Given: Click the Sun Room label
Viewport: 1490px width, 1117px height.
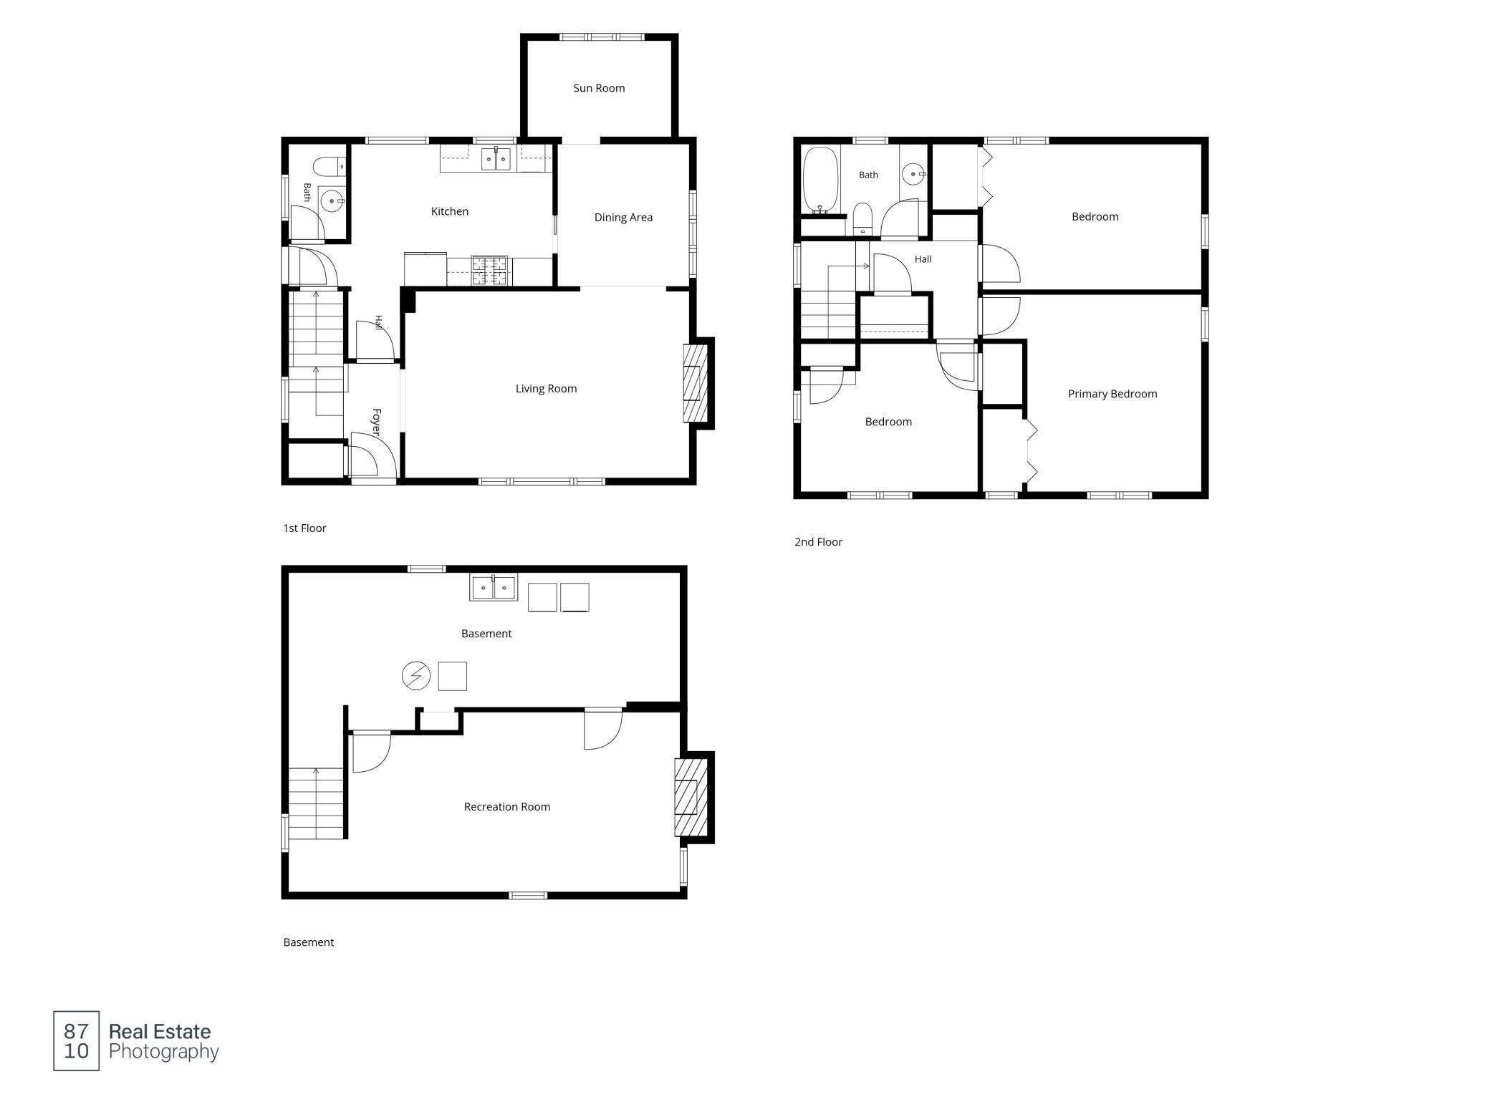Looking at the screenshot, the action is (599, 88).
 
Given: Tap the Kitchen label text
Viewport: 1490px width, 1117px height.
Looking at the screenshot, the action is (450, 211).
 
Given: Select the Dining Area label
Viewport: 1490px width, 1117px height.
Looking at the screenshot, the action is (623, 218).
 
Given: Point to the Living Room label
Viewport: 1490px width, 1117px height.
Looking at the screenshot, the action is (546, 389).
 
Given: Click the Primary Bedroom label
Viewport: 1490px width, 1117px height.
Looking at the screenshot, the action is (1112, 394).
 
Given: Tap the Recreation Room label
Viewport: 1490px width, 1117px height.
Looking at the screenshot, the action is (507, 807).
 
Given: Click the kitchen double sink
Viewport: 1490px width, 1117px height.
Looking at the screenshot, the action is (496, 158).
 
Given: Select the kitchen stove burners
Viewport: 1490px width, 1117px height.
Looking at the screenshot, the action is (490, 271).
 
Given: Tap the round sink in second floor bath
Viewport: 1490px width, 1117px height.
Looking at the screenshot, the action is (913, 174).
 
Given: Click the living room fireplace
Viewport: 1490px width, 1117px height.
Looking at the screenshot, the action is (695, 383).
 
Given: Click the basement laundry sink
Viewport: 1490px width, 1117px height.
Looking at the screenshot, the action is (494, 588).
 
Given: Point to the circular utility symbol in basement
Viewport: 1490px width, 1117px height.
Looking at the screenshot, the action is (415, 676).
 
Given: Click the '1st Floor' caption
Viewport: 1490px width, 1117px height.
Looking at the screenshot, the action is (304, 528).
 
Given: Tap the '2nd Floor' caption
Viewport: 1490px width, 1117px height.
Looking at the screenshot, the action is (818, 542).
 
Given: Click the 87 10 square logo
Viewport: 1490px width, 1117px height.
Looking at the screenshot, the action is (77, 1041).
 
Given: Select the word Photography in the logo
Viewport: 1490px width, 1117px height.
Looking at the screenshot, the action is (164, 1052).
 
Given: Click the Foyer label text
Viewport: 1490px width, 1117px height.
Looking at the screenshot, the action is (376, 422).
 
